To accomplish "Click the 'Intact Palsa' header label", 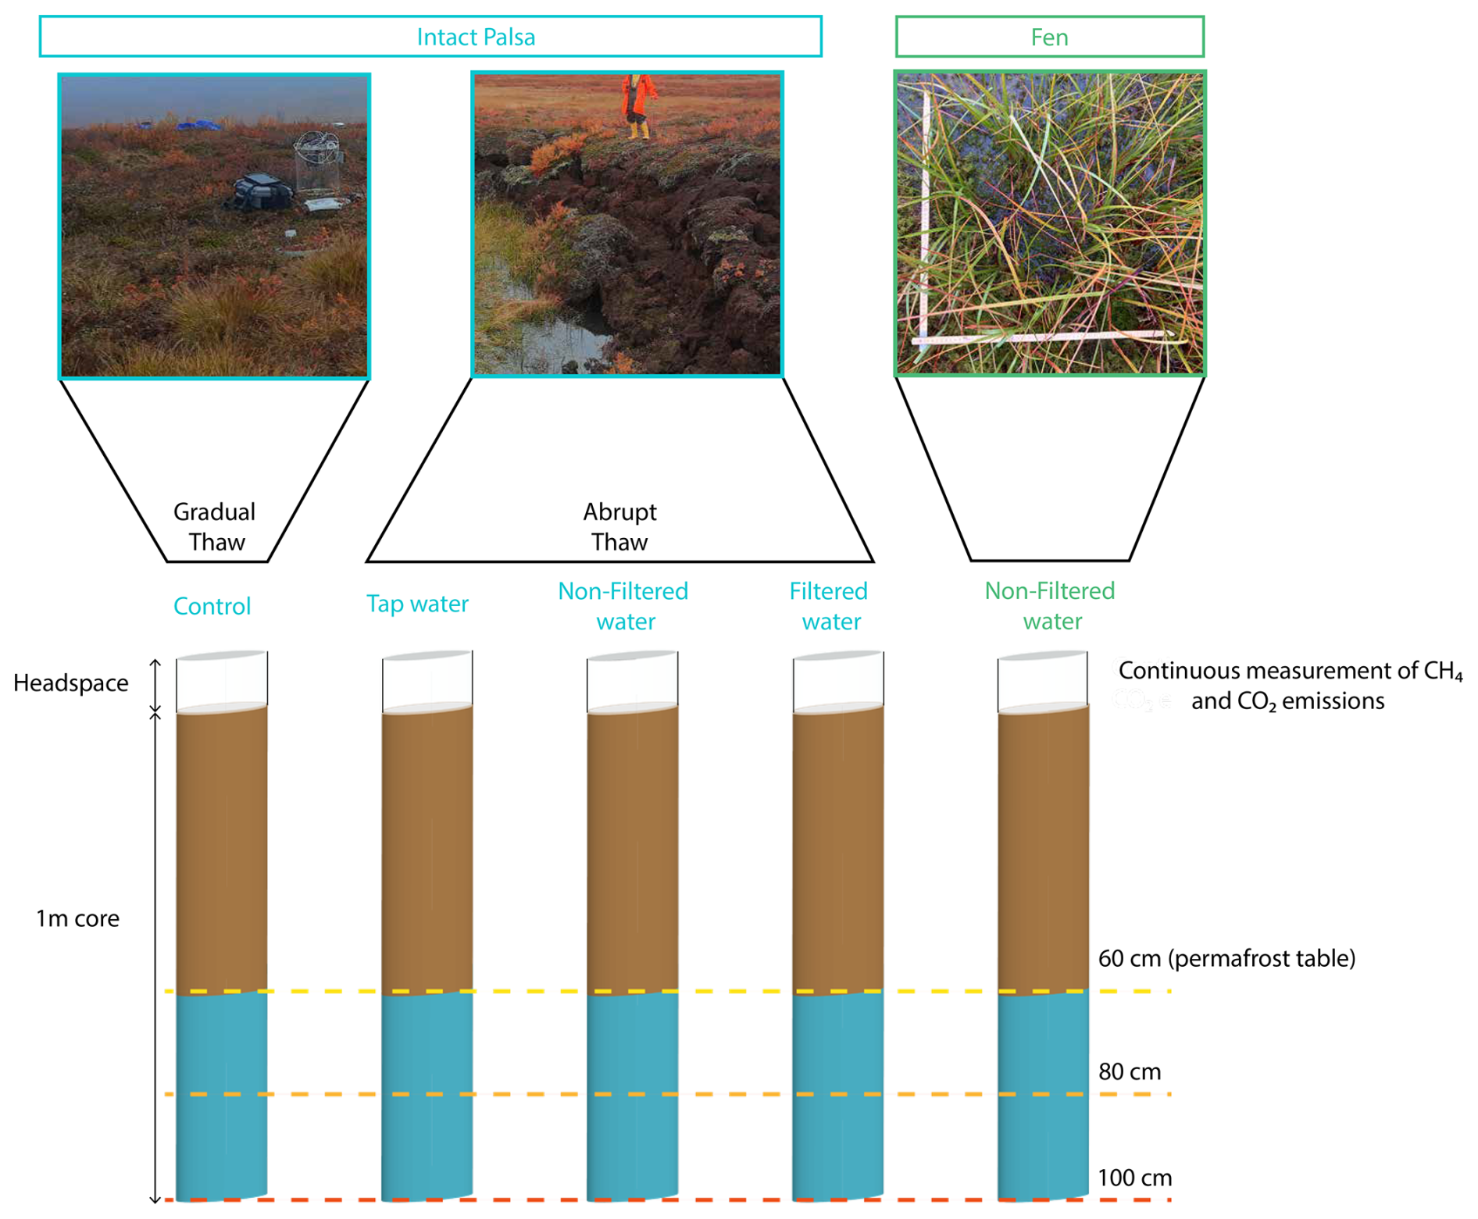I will pyautogui.click(x=475, y=37).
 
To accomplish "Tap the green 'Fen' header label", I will pyautogui.click(x=1048, y=37).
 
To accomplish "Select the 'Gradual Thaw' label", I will pyautogui.click(x=215, y=527).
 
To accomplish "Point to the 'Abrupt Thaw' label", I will pyautogui.click(x=619, y=527).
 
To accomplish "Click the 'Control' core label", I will pyautogui.click(x=212, y=606).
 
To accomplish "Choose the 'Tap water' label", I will pyautogui.click(x=417, y=604).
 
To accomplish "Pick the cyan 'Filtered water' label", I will pyautogui.click(x=829, y=606).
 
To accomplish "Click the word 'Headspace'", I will pyautogui.click(x=71, y=683).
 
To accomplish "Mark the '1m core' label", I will pyautogui.click(x=77, y=918).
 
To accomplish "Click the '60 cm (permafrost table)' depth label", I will pyautogui.click(x=1226, y=958).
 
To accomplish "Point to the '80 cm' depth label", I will pyautogui.click(x=1130, y=1071).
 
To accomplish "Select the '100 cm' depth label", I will pyautogui.click(x=1134, y=1178).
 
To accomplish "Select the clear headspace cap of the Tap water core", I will pyautogui.click(x=427, y=681).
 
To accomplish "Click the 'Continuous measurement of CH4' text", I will pyautogui.click(x=1290, y=671).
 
